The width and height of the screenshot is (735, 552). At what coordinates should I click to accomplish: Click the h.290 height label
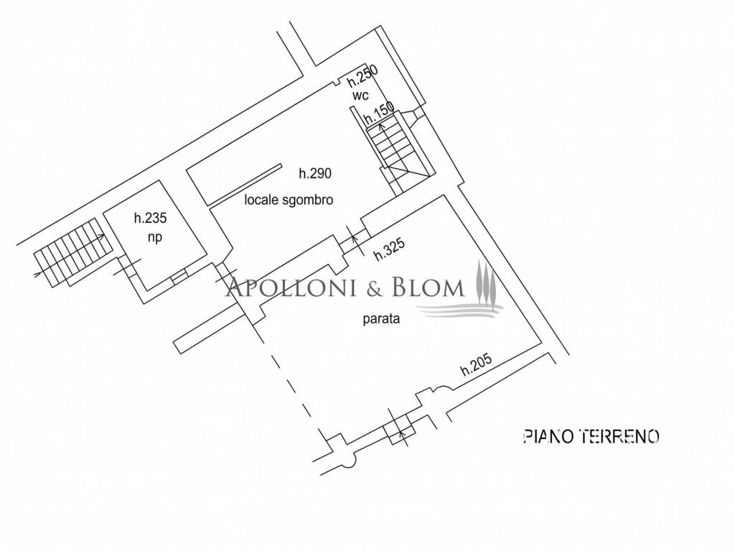pyautogui.click(x=315, y=173)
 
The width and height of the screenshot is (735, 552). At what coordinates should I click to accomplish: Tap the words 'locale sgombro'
pyautogui.click(x=289, y=200)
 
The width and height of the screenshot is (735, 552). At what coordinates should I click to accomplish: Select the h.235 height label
pyautogui.click(x=151, y=218)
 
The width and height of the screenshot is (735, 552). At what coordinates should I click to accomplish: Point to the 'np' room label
pyautogui.click(x=155, y=237)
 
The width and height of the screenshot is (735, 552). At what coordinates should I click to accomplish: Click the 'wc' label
pyautogui.click(x=360, y=96)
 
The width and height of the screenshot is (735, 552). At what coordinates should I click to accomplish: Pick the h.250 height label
pyautogui.click(x=362, y=75)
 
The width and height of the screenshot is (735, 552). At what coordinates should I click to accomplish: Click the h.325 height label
pyautogui.click(x=389, y=249)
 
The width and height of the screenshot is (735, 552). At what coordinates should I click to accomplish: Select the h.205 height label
pyautogui.click(x=477, y=364)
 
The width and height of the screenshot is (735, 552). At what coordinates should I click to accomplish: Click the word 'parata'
pyautogui.click(x=381, y=319)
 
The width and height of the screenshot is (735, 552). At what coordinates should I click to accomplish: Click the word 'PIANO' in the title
pyautogui.click(x=548, y=436)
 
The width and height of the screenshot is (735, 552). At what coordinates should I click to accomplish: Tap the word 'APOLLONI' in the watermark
pyautogui.click(x=291, y=287)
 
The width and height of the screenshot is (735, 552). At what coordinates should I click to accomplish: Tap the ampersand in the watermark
pyautogui.click(x=375, y=287)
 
